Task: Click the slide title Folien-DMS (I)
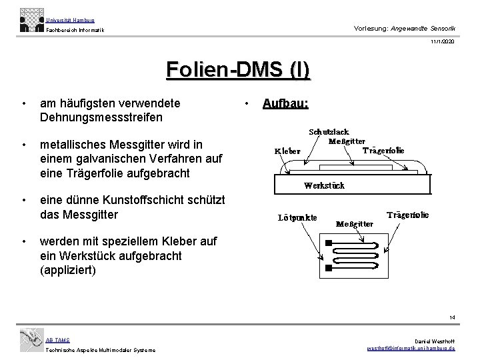click(238, 71)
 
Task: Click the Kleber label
click(288, 151)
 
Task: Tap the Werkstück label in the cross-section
click(325, 186)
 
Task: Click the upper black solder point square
click(328, 243)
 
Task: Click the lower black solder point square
click(328, 268)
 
